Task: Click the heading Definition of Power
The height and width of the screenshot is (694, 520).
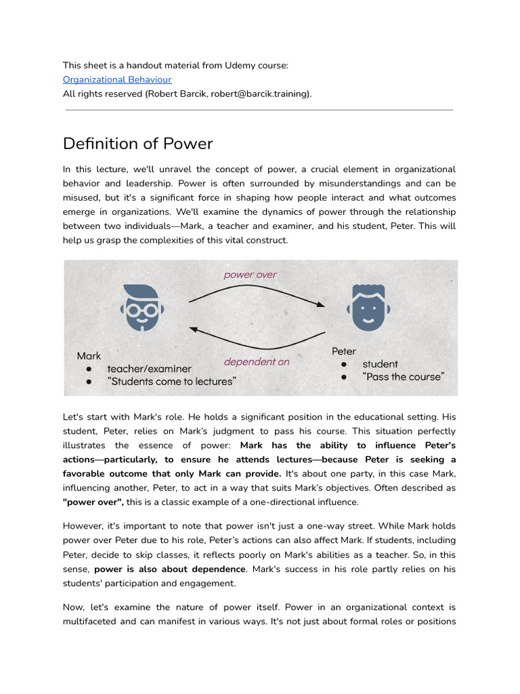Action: [137, 144]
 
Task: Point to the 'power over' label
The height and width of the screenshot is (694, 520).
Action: [250, 274]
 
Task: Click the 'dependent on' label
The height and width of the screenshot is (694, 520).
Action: [256, 361]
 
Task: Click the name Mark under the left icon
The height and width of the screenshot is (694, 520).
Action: [89, 356]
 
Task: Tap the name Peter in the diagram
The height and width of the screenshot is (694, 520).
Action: [344, 351]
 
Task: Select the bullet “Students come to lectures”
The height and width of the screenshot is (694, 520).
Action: [171, 382]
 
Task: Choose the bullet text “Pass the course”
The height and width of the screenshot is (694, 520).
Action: [404, 376]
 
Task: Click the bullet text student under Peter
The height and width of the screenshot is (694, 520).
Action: [380, 364]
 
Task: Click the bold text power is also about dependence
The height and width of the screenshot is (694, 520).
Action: [170, 569]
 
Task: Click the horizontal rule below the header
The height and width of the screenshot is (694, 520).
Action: [259, 109]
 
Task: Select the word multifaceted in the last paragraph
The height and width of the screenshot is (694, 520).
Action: [89, 621]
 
